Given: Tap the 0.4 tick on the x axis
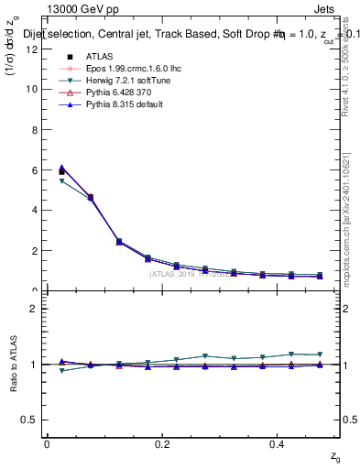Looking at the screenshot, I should tap(278, 444).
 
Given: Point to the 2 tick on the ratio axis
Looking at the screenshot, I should tap(34, 309).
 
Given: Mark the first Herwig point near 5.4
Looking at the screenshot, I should tap(61, 181).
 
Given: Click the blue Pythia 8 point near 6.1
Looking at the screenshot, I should tap(61, 168).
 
